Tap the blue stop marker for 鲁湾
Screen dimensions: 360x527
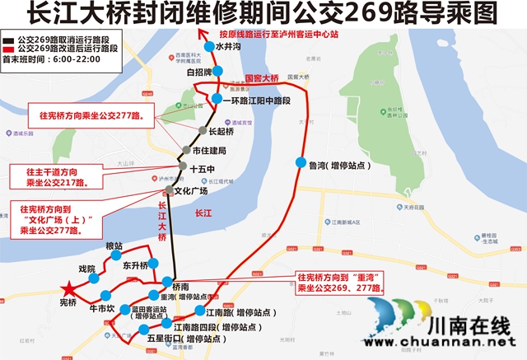coord(300,162)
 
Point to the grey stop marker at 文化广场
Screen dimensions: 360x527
coord(170,191)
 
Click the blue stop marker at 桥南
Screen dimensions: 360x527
coord(167,282)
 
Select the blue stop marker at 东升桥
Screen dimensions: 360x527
coord(152,265)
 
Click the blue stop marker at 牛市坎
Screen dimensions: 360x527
coord(105,296)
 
